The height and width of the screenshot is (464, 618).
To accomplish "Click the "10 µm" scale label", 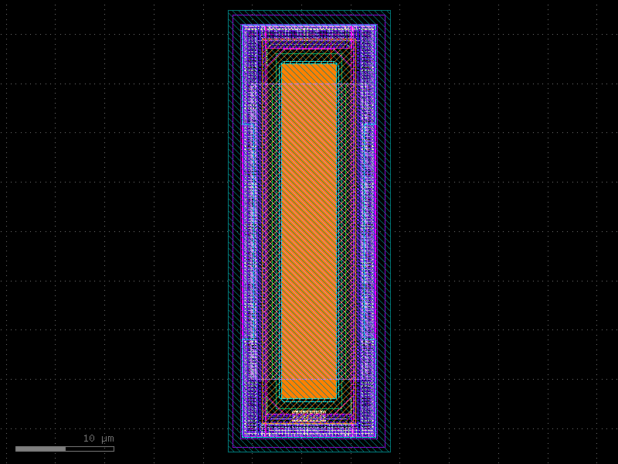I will (x=98, y=438).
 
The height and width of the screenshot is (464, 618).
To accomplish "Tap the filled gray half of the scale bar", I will (x=40, y=449).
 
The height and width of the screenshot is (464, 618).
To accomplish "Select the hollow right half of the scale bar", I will (x=90, y=449).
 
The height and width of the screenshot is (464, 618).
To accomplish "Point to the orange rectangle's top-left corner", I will (x=281, y=63).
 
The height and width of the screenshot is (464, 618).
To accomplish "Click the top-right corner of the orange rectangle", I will (x=337, y=63).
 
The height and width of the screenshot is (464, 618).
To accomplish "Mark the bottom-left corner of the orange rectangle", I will (x=281, y=399).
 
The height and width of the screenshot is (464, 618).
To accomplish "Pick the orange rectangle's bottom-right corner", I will (x=337, y=399).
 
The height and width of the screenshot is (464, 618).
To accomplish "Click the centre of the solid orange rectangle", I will (x=309, y=231).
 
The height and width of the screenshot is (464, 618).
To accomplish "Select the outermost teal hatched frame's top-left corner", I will (x=229, y=11).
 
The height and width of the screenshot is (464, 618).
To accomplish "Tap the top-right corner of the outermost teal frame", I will (x=390, y=11).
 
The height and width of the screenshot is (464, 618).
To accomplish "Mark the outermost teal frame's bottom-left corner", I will (x=229, y=452).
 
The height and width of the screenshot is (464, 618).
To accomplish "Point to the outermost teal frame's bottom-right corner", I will (x=390, y=452).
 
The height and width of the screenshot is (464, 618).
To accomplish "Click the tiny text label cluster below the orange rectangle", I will (x=309, y=415).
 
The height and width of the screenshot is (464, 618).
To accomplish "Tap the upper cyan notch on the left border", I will (x=248, y=125).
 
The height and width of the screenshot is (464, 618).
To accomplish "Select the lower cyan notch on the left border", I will (x=248, y=339).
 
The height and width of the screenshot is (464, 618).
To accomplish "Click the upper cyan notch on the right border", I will (x=370, y=125).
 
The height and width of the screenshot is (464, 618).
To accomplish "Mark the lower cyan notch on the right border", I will (x=370, y=339).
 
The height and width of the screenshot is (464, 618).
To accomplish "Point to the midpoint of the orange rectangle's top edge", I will (x=309, y=63).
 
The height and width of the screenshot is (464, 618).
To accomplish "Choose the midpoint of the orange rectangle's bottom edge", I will (x=309, y=399).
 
